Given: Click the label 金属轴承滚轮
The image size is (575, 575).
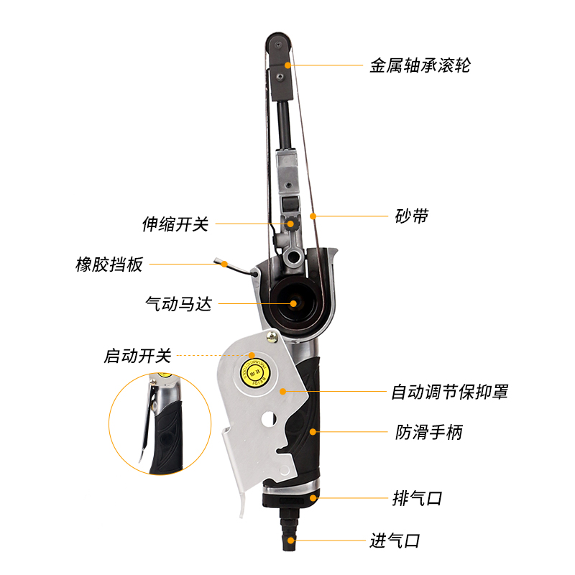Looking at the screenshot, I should point(420,65).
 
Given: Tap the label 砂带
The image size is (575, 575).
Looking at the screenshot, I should point(412,216).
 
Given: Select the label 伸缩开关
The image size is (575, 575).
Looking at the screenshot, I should point(175,224).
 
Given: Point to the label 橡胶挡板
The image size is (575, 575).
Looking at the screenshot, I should point(110,264).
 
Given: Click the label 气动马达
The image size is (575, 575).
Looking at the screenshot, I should point(179,303).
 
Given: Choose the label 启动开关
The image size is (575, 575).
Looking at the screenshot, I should point(138,355).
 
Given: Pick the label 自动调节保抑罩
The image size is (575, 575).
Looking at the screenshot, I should point(450,392).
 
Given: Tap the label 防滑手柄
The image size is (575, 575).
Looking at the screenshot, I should point(429,432).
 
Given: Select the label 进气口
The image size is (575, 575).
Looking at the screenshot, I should point(395,540).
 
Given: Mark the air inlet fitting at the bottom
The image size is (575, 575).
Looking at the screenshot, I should point(290,528).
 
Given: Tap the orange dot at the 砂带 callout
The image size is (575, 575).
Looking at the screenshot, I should point(313,216).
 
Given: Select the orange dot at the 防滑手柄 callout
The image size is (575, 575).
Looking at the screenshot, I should point(313,432).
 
